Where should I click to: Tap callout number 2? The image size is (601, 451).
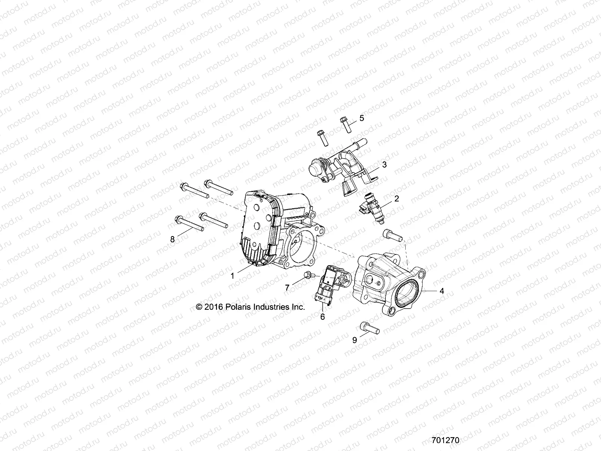[397, 199]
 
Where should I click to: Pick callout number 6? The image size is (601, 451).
[322, 316]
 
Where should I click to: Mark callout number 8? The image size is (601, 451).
[173, 239]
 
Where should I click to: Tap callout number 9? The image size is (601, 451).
[355, 341]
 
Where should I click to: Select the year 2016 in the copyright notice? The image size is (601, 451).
[213, 307]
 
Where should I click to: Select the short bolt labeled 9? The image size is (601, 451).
[370, 328]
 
